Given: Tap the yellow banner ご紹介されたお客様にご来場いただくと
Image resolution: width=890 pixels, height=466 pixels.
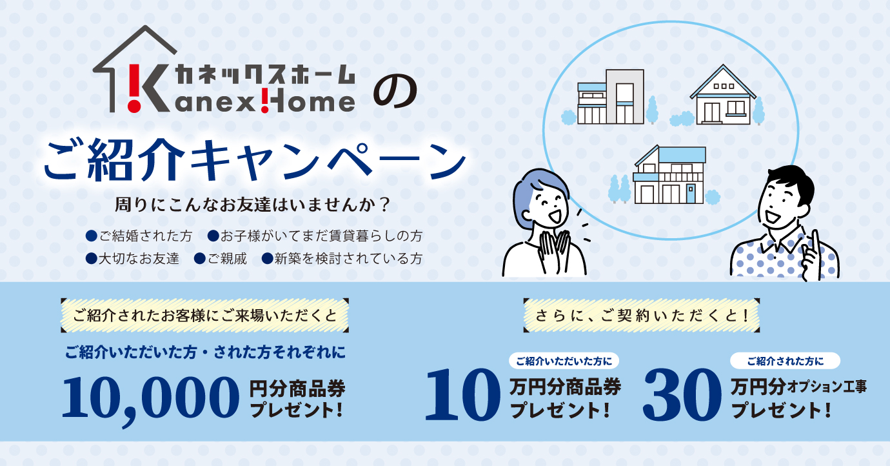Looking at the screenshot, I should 205,315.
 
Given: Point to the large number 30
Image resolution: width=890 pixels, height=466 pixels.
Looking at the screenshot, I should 682,395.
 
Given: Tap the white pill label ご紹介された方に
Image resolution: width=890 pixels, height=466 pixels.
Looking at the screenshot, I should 785,360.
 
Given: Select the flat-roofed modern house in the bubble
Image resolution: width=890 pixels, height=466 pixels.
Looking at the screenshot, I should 610,97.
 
